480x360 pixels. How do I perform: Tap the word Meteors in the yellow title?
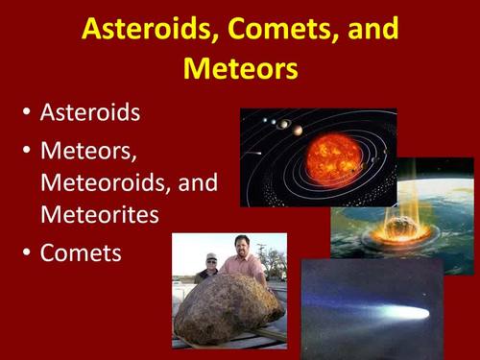(x=239, y=69)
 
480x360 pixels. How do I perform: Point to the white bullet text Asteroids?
(x=90, y=112)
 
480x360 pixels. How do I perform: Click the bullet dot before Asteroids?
(x=26, y=113)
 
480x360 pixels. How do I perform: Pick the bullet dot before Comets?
(x=26, y=254)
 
